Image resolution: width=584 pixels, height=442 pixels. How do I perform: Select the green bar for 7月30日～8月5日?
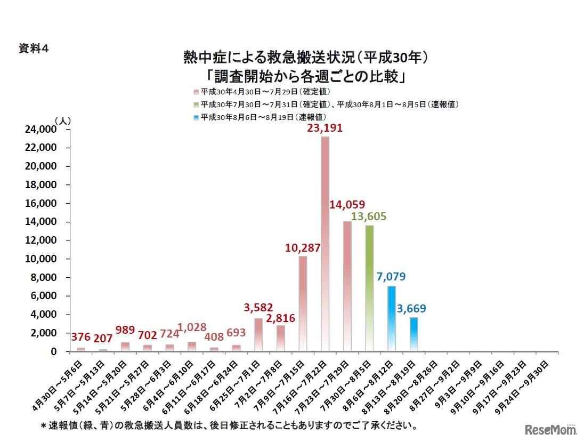point(369,288)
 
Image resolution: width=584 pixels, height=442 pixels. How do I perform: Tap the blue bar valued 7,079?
point(392,318)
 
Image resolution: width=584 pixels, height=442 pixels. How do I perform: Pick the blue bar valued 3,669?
point(413,334)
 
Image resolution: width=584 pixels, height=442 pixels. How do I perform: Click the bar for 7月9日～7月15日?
point(303,303)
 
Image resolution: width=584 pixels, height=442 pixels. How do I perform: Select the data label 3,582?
point(258,307)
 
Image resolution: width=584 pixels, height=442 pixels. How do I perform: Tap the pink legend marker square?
point(197,92)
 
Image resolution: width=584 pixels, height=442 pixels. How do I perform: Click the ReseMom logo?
point(549,429)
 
